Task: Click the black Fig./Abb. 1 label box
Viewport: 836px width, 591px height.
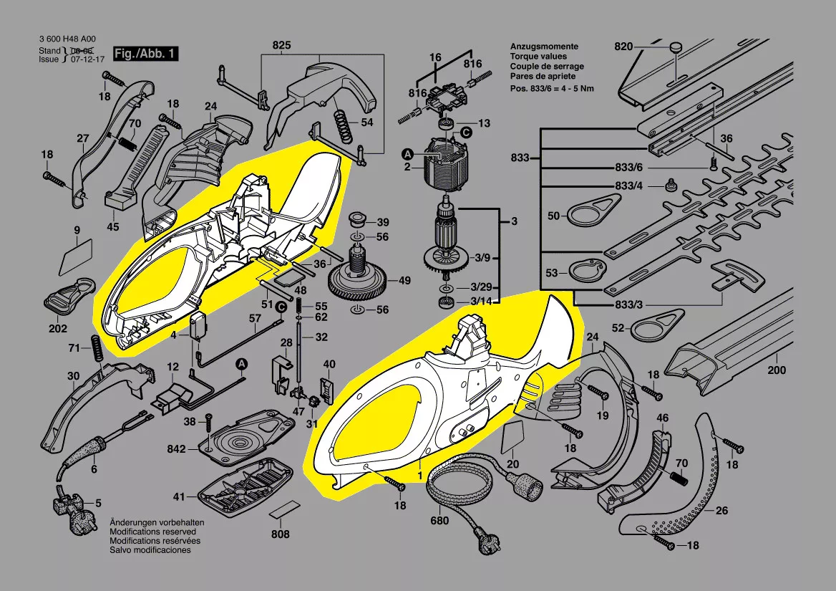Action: click(144, 54)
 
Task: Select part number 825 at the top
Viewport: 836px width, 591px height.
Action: click(282, 47)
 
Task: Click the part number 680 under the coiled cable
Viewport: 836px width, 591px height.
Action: click(440, 521)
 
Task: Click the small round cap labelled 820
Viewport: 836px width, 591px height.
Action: click(675, 47)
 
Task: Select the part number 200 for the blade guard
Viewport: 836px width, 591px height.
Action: click(776, 370)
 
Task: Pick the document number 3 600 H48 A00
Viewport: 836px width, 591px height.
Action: click(65, 40)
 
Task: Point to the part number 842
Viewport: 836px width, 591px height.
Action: click(176, 449)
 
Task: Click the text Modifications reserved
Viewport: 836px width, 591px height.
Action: click(150, 532)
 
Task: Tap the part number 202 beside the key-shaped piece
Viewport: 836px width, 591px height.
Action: click(58, 329)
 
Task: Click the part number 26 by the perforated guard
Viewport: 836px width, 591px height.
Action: click(722, 511)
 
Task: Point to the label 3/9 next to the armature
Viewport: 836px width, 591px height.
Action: click(482, 258)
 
